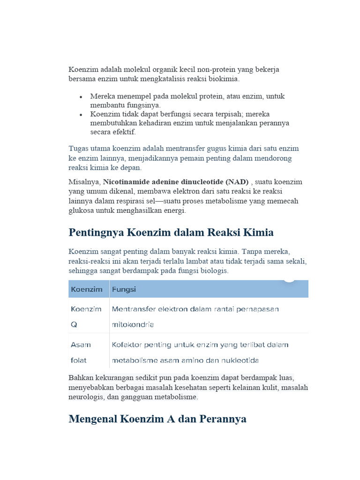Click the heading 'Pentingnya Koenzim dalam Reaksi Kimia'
171,232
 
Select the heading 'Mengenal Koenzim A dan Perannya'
157,419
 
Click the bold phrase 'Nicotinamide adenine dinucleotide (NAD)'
176,181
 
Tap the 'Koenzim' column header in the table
87,289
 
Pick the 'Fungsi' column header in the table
124,289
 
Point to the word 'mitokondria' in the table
133,324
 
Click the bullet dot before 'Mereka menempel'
81,97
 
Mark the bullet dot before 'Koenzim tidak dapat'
81,114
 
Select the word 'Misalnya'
84,181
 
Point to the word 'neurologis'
87,397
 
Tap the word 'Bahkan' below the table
81,377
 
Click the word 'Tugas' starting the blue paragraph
78,149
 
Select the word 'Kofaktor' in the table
127,345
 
